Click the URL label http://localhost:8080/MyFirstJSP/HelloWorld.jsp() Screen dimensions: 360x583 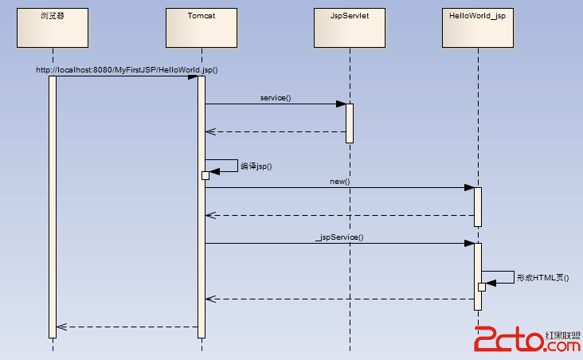click(x=127, y=69)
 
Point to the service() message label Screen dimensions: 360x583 click(x=276, y=97)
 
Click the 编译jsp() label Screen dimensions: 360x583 click(x=256, y=166)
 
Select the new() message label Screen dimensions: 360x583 click(x=340, y=182)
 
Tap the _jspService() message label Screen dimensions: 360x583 click(x=339, y=237)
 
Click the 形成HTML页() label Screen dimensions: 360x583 click(x=542, y=278)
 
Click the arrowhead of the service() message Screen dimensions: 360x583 click(x=341, y=104)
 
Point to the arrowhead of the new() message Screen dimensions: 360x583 click(x=470, y=188)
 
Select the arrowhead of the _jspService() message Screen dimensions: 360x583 click(x=470, y=244)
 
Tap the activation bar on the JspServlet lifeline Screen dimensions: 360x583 click(x=350, y=123)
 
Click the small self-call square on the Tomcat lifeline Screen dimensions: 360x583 click(x=205, y=175)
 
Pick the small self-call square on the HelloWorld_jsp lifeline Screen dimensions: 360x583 click(x=482, y=287)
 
